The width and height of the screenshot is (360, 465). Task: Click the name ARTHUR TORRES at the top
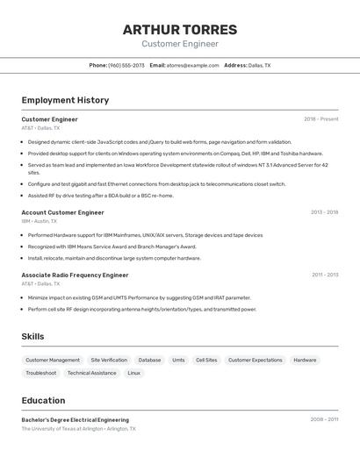(180, 29)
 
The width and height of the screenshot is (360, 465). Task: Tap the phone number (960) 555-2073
(126, 65)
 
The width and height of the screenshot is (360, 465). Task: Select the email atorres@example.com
(193, 65)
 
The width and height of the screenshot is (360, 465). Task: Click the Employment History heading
(65, 100)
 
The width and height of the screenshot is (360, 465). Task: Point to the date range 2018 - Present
(321, 119)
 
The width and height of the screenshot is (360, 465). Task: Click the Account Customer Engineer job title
(62, 212)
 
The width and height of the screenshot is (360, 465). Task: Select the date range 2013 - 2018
(324, 212)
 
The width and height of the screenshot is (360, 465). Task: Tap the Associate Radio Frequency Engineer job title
(75, 275)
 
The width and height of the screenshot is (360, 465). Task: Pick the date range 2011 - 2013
(325, 275)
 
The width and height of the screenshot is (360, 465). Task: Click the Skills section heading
(32, 337)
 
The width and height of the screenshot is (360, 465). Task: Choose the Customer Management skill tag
(53, 360)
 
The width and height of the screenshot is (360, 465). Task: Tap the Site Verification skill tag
(109, 360)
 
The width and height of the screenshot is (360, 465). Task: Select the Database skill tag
(149, 360)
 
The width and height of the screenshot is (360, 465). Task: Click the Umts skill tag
(178, 360)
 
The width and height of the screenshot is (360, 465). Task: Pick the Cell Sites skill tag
(206, 360)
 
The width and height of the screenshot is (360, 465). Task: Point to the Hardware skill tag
(305, 360)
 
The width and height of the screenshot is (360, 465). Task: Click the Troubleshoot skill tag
(41, 373)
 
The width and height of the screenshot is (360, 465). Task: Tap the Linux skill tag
(133, 373)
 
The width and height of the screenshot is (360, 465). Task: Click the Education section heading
(43, 400)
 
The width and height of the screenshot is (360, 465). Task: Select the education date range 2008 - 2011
(324, 419)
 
